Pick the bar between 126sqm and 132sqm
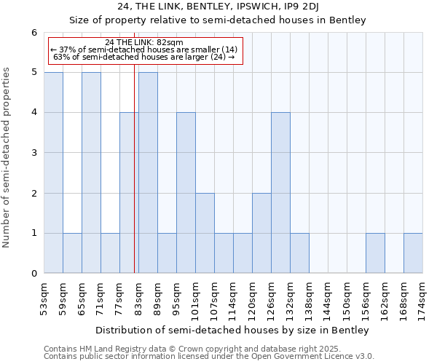coord(280,193)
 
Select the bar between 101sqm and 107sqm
coord(205,233)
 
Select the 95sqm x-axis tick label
coord(176,296)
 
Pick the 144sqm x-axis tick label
coord(328,298)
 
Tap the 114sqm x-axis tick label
coord(233,298)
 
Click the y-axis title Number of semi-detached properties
coord(7,157)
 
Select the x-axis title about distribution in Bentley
coord(233,330)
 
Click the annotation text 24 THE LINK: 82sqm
coord(144,42)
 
